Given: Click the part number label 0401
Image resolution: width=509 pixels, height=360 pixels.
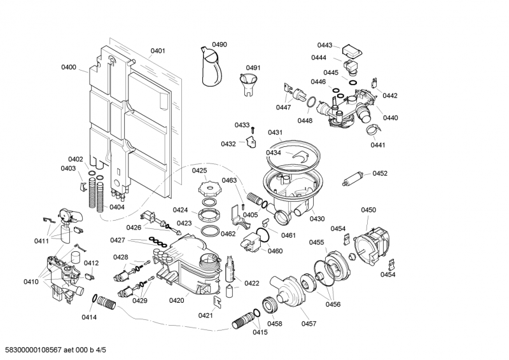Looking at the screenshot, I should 158,51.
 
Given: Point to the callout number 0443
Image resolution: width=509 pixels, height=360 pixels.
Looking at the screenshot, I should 324,45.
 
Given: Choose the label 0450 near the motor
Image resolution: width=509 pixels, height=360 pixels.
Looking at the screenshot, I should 368,210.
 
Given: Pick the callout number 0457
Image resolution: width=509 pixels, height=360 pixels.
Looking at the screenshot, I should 309,324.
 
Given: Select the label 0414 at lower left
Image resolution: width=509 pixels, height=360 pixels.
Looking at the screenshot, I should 89,317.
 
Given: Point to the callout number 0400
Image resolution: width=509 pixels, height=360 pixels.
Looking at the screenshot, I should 69,67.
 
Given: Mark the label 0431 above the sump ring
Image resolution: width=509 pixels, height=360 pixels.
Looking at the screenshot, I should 275,132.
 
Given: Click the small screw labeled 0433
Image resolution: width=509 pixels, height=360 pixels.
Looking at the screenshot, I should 253,130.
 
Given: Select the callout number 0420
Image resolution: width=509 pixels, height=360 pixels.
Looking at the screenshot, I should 177,301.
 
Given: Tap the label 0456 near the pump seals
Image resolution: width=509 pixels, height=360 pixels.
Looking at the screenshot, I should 333,305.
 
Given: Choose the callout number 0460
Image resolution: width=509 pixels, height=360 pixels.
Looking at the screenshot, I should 275,251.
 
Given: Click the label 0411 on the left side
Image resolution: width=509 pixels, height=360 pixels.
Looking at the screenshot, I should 41,241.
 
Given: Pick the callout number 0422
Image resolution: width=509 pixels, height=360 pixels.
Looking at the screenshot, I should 252,283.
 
